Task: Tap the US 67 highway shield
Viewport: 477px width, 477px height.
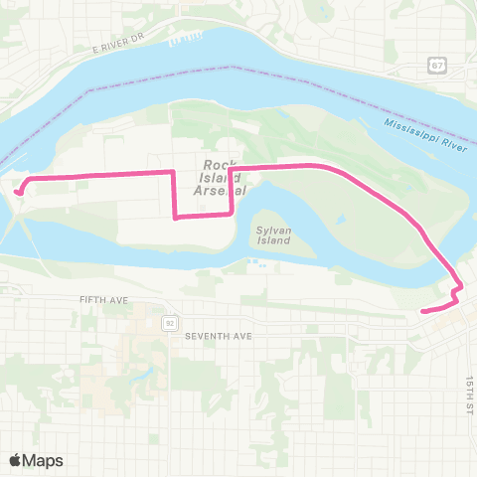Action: click(x=436, y=65)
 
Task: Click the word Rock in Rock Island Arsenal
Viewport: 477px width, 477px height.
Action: click(x=217, y=164)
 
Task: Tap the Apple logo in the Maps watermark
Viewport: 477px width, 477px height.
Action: click(x=17, y=460)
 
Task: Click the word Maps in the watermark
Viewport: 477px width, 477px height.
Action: click(x=43, y=460)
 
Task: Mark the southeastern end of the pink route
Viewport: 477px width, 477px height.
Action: click(x=424, y=311)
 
